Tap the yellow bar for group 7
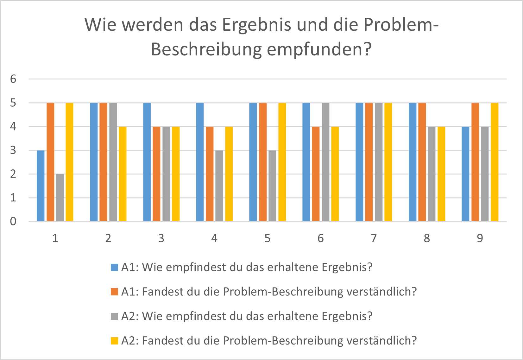click(388, 162)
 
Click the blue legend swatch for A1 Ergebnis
click(114, 267)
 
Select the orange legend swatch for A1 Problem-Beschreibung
click(114, 292)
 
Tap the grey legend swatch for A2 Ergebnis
click(114, 316)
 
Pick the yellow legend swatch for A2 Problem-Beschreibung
click(114, 341)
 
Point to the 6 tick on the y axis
click(13, 79)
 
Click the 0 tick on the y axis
click(13, 221)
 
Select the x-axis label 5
click(268, 238)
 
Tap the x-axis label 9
click(480, 238)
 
